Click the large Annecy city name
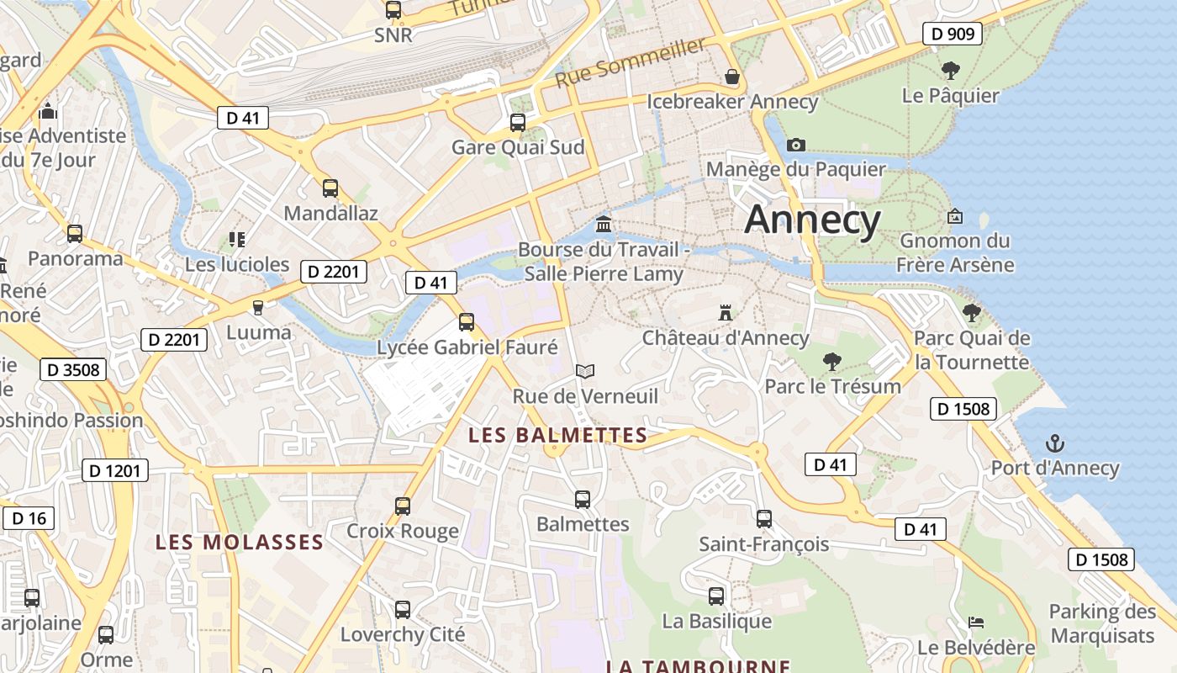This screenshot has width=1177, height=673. [x=812, y=220]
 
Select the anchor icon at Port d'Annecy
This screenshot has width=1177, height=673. [x=1054, y=442]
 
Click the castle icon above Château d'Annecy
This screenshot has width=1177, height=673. [x=725, y=313]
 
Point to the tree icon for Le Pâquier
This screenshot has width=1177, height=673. [x=950, y=71]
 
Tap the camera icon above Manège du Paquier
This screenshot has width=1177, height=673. [x=795, y=145]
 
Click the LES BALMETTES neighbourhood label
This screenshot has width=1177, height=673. [x=557, y=435]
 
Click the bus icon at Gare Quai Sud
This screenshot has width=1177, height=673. [x=518, y=123]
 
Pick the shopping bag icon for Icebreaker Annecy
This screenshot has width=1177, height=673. [x=732, y=77]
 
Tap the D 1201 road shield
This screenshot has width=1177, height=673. [x=115, y=470]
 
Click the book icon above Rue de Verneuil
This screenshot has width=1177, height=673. [x=585, y=371]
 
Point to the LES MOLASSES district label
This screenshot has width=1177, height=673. [x=240, y=543]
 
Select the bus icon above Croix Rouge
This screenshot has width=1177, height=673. [x=403, y=506]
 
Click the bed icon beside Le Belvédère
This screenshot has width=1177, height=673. [x=976, y=623]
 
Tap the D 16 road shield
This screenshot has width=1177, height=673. [x=29, y=518]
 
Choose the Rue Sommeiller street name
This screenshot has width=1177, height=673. [x=630, y=63]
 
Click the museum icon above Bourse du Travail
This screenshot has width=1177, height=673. [x=604, y=224]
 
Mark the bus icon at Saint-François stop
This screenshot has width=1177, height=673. [x=763, y=519]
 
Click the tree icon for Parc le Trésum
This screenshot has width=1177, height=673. [x=832, y=362]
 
